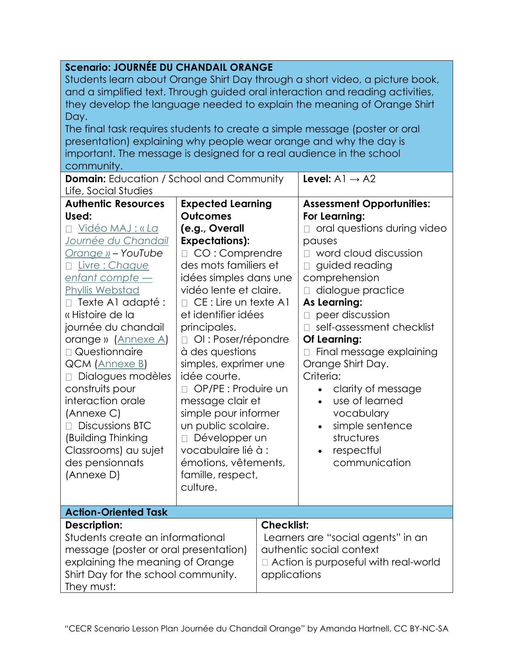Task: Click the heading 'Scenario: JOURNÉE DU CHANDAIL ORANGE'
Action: point(169,68)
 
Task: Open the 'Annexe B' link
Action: point(121,364)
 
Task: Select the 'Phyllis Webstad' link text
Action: point(102,290)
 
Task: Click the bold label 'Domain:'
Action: point(85,179)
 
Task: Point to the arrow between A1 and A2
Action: point(354,179)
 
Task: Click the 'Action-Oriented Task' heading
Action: point(116,512)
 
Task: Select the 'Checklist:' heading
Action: point(285,525)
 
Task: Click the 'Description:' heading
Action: point(94,525)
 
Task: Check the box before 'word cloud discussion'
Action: point(307,254)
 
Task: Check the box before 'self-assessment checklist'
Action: point(307,328)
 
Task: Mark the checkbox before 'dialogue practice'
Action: point(307,291)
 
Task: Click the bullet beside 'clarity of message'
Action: point(320,390)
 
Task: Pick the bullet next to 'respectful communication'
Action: point(320,451)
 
